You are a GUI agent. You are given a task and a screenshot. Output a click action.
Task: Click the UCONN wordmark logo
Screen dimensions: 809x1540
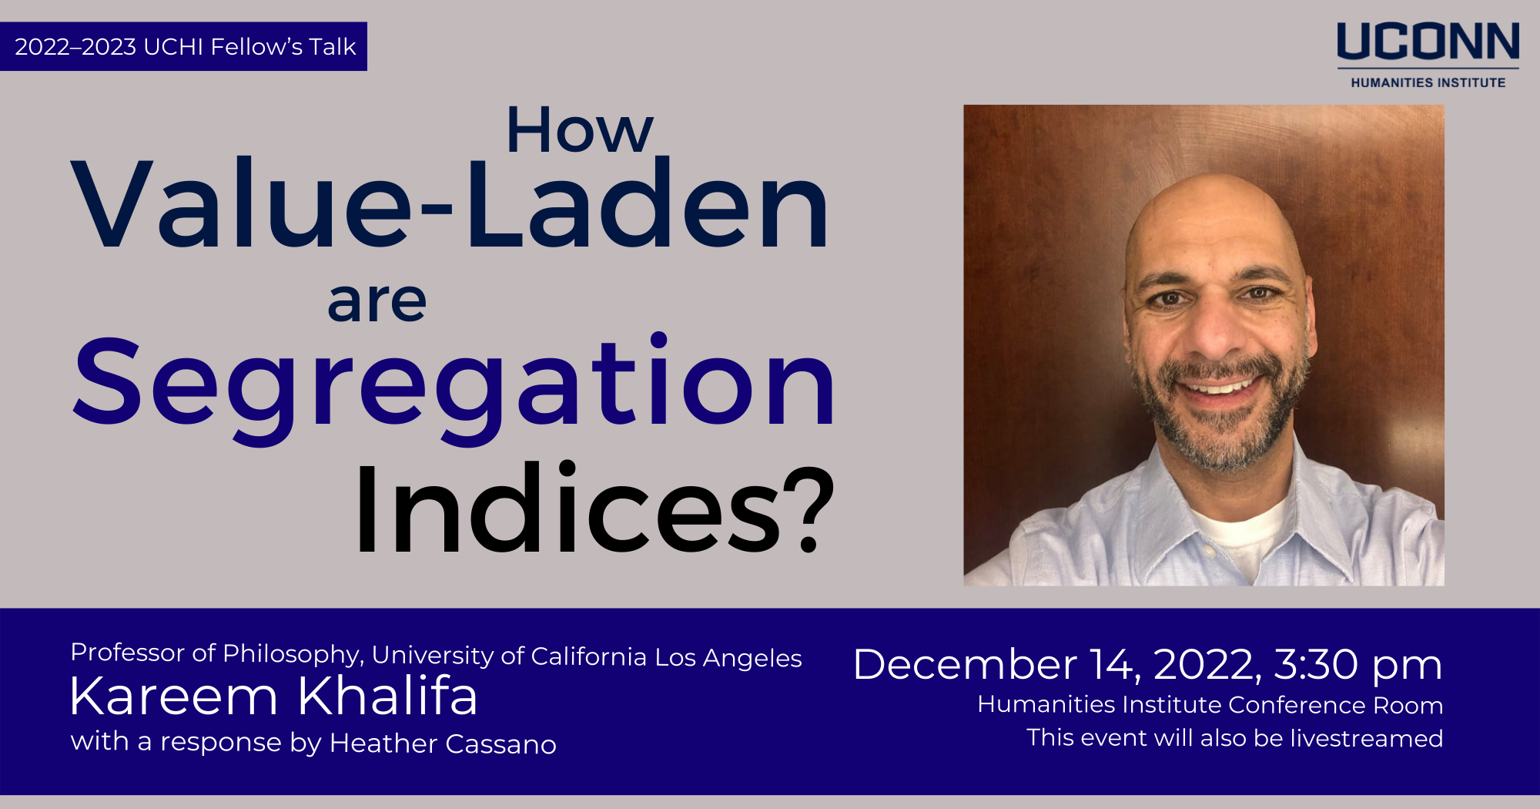pyautogui.click(x=1428, y=42)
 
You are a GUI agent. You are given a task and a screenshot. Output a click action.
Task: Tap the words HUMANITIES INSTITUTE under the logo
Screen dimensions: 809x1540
pyautogui.click(x=1428, y=82)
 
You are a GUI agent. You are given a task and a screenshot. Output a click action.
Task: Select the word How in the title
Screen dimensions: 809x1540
pyautogui.click(x=579, y=131)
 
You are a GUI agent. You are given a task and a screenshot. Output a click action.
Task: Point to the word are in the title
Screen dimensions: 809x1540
pyautogui.click(x=377, y=302)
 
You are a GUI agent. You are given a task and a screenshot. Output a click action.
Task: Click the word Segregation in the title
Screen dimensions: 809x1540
pyautogui.click(x=454, y=383)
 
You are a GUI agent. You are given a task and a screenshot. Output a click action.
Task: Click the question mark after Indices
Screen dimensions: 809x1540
pyautogui.click(x=814, y=509)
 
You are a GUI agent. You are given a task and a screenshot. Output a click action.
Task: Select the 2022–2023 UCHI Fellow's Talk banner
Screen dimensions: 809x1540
pyautogui.click(x=184, y=47)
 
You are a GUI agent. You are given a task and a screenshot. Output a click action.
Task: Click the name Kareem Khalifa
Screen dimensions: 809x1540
pyautogui.click(x=273, y=696)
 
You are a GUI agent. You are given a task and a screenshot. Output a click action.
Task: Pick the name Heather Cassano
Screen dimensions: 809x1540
pyautogui.click(x=443, y=744)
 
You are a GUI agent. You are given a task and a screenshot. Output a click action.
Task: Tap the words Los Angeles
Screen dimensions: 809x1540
pyautogui.click(x=728, y=658)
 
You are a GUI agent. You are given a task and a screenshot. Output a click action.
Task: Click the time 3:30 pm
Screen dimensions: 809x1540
pyautogui.click(x=1358, y=664)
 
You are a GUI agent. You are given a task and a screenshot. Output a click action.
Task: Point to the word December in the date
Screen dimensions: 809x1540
pyautogui.click(x=964, y=664)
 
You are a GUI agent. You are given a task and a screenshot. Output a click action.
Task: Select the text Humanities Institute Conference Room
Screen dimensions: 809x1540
pyautogui.click(x=1210, y=705)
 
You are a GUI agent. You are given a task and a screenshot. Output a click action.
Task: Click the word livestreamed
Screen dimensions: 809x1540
pyautogui.click(x=1366, y=738)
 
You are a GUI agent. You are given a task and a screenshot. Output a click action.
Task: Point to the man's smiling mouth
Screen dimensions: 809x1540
pyautogui.click(x=1220, y=385)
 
